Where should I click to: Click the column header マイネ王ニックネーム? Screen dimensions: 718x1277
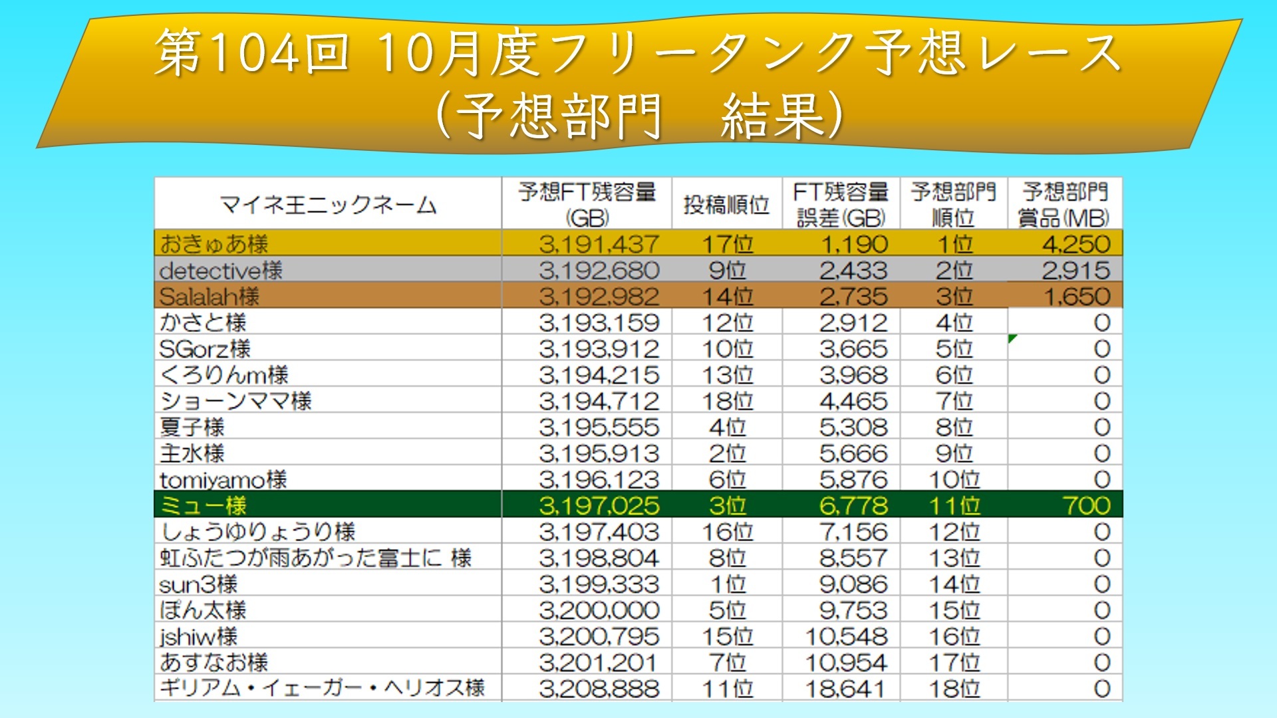point(328,204)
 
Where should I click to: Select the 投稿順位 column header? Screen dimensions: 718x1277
point(726,204)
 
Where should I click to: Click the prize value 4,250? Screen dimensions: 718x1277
point(1075,244)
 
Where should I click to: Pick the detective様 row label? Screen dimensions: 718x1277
point(221,271)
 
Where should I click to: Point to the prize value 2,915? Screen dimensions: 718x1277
point(1075,271)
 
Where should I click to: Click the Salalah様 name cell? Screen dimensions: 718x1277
point(210,297)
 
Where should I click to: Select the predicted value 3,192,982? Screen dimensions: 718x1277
point(599,297)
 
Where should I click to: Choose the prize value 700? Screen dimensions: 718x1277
point(1086,505)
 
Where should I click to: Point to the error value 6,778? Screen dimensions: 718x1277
point(853,505)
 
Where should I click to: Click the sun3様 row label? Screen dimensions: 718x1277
point(198,584)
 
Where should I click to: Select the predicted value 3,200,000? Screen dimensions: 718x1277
point(599,610)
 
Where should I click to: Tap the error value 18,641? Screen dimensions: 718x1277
point(846,689)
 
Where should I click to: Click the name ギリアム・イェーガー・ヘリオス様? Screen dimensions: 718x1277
point(323,687)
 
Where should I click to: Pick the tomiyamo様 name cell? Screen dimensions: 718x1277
point(223,479)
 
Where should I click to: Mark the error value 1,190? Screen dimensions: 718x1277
point(855,244)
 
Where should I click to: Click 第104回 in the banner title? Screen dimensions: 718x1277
point(253,52)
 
